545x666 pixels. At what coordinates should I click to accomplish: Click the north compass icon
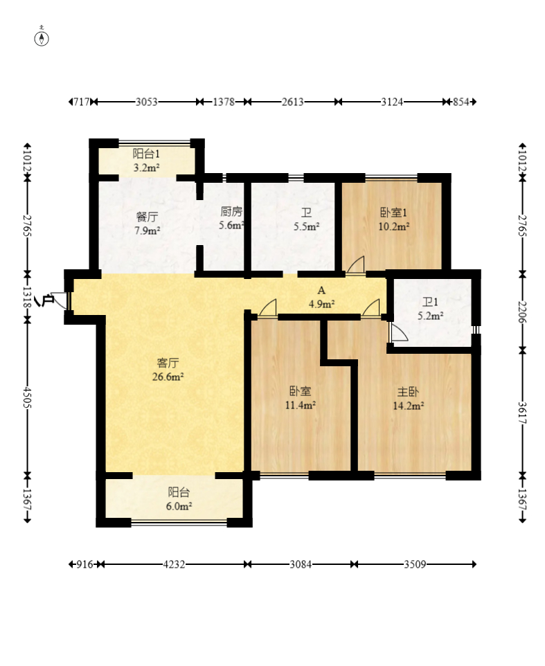click(42, 39)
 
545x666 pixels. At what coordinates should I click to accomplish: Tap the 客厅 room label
click(168, 363)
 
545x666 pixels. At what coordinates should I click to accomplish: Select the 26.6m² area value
click(168, 377)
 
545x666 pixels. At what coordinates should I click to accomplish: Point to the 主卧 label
click(408, 392)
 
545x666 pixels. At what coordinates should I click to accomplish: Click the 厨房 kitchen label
click(231, 212)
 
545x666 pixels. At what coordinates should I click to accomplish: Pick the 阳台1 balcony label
click(146, 153)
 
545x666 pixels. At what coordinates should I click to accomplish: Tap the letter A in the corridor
click(321, 291)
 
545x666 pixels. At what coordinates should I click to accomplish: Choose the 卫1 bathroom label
click(430, 302)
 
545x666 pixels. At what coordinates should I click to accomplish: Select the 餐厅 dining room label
click(147, 217)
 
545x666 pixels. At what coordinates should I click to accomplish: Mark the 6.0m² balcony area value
click(179, 506)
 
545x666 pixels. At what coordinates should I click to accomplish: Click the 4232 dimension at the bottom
click(174, 564)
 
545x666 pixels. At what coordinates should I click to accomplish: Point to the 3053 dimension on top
click(147, 102)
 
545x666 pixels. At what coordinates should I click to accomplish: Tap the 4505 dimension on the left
click(27, 397)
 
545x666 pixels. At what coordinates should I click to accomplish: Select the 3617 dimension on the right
click(522, 413)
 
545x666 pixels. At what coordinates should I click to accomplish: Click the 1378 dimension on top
click(224, 102)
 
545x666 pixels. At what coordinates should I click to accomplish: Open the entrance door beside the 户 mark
click(60, 300)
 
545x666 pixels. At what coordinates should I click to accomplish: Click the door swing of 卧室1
click(356, 265)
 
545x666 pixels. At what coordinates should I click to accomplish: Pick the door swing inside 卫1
click(399, 332)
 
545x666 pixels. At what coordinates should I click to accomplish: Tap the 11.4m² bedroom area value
click(301, 405)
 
